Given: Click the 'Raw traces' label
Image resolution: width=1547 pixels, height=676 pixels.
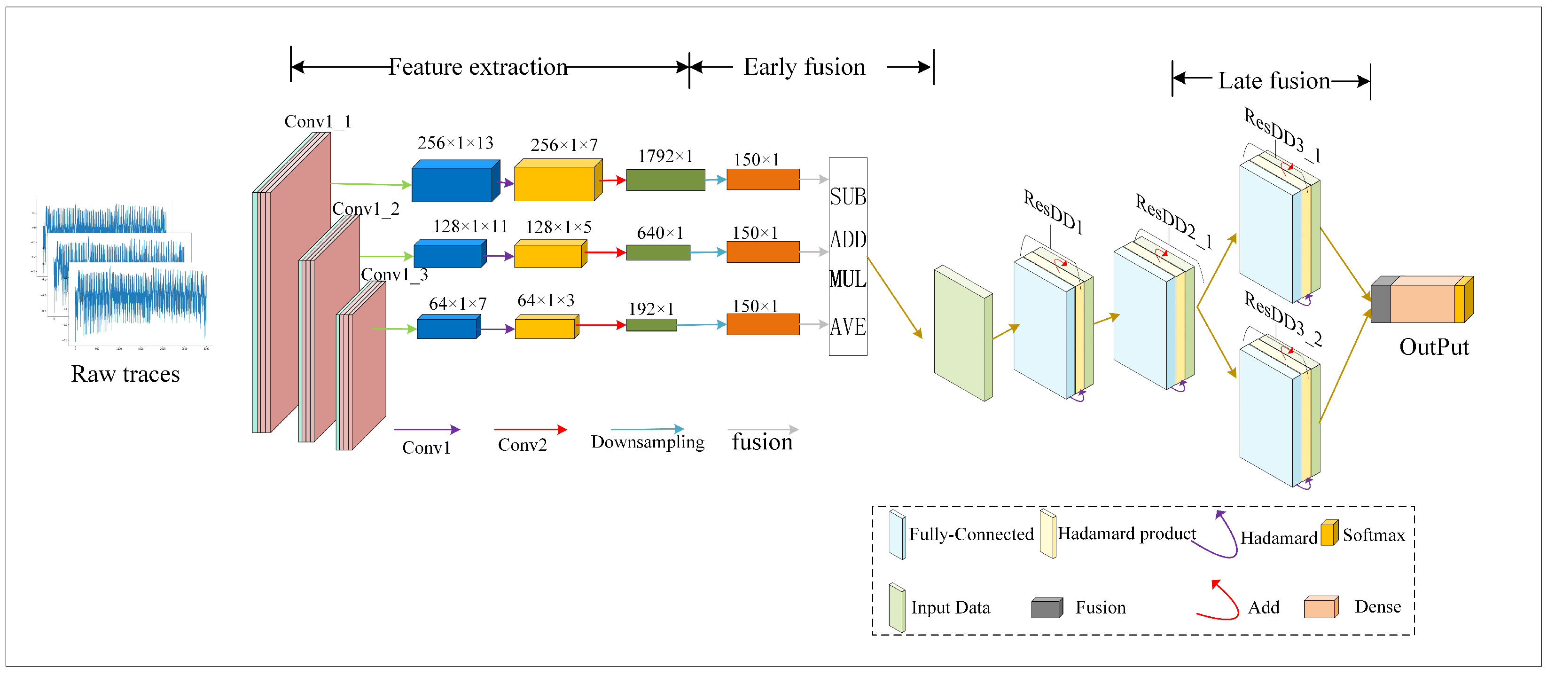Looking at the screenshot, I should point(125,374).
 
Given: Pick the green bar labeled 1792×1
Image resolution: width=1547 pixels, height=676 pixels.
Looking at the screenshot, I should point(665,180).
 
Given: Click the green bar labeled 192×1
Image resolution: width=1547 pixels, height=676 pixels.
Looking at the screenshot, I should point(651,325).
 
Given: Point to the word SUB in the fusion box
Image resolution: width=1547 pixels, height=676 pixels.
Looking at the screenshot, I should point(847,197).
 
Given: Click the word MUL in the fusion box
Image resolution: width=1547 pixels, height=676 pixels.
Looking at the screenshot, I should point(847,279).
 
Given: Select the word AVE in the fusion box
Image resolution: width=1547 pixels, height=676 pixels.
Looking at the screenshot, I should point(847,327).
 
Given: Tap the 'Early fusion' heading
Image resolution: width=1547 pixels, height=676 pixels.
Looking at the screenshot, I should point(804,67).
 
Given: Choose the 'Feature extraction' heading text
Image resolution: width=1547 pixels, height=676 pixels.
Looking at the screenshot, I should point(478,67).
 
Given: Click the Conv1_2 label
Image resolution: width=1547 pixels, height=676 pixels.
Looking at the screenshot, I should point(366,209).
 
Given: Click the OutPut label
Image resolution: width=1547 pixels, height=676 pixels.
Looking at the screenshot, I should point(1433,347).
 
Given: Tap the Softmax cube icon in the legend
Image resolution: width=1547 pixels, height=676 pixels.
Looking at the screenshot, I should point(1329,533).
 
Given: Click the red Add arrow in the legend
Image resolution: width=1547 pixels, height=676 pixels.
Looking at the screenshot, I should point(1219,601).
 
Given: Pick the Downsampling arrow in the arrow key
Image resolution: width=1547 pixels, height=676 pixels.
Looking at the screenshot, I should point(647,429).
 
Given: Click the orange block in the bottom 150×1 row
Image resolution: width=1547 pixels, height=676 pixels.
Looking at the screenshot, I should point(763,324).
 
